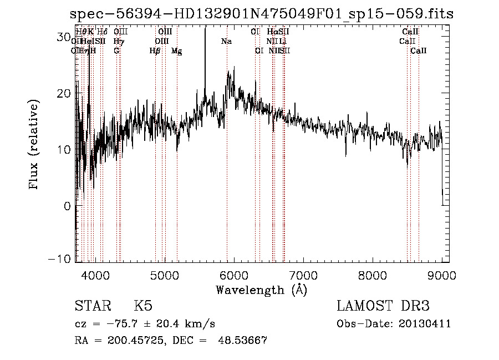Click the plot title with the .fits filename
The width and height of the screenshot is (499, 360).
(262, 14)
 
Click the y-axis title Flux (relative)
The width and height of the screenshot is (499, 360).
(34, 145)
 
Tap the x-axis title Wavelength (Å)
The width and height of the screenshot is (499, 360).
(261, 290)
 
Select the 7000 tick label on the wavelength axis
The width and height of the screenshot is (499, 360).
(303, 275)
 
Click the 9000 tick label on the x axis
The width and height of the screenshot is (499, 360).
(442, 275)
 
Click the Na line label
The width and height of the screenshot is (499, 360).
(226, 42)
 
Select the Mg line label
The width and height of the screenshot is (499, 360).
(176, 51)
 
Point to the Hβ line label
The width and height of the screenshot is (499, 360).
(155, 51)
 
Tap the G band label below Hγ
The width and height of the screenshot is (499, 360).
(116, 51)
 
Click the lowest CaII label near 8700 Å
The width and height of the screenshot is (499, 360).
(419, 51)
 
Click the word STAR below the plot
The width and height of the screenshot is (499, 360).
(92, 306)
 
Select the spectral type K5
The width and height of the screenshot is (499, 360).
(143, 306)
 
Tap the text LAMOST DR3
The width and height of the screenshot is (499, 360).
(383, 306)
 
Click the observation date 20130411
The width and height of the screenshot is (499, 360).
(425, 324)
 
